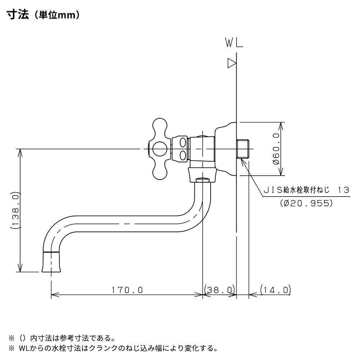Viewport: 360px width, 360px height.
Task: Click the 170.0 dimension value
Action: coord(127,290)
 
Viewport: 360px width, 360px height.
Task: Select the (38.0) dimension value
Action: coord(219,290)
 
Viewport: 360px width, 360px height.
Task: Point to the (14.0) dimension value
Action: coord(275,290)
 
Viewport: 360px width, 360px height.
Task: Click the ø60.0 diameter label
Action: coord(276,149)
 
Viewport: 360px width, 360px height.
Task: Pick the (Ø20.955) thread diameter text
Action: coord(306,203)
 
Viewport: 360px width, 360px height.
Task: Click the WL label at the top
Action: coord(234,44)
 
